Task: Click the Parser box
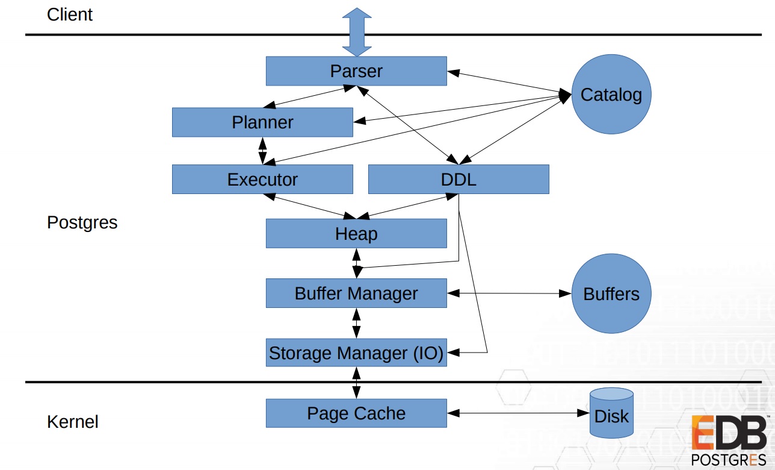(356, 71)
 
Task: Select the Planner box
(262, 122)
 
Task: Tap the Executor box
(262, 179)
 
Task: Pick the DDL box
(459, 179)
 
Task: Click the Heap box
(356, 233)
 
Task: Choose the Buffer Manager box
(356, 293)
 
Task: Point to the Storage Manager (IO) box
(356, 352)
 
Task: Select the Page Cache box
(356, 413)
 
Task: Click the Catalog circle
(611, 94)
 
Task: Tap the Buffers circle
(611, 293)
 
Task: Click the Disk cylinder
(612, 413)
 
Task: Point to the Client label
(70, 14)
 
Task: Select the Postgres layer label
(82, 222)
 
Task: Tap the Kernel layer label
(73, 422)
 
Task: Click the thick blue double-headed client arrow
(357, 32)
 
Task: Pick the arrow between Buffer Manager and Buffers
(509, 293)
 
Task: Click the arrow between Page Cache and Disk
(518, 413)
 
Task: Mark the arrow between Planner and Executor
(262, 151)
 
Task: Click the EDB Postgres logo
(730, 440)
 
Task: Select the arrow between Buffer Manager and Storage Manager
(356, 323)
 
